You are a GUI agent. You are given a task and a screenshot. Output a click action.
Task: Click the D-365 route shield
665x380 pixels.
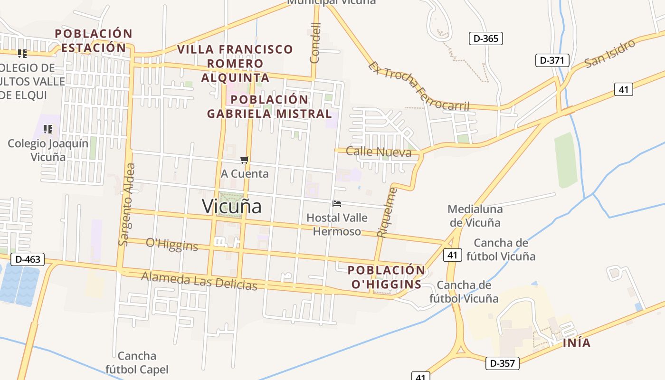[485, 38]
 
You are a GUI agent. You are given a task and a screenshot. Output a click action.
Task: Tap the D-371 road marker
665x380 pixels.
[552, 60]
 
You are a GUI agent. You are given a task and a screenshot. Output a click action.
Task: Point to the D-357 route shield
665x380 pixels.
[502, 363]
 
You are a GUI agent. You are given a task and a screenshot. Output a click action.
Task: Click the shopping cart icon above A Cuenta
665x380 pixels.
[244, 160]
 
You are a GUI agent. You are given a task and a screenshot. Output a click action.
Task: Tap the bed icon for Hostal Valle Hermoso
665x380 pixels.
[337, 204]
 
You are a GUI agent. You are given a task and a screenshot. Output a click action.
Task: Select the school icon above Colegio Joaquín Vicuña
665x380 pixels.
[47, 129]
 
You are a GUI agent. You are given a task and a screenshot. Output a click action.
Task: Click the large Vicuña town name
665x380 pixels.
[232, 206]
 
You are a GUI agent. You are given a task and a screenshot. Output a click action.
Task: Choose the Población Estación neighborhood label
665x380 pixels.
[93, 41]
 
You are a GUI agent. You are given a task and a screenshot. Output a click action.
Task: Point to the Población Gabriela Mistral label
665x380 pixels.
[269, 106]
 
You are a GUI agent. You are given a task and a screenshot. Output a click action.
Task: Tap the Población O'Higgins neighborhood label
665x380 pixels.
[386, 277]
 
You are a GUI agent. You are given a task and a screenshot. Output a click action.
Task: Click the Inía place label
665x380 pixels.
[577, 342]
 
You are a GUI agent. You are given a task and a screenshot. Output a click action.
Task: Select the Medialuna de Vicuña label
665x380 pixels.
[475, 216]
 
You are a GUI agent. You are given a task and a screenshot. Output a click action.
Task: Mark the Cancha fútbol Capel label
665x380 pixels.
[137, 362]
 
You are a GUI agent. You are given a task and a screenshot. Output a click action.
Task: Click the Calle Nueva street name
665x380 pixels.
[379, 152]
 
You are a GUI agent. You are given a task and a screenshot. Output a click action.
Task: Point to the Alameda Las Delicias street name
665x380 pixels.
[199, 280]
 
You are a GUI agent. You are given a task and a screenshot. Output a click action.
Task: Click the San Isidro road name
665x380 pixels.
[609, 53]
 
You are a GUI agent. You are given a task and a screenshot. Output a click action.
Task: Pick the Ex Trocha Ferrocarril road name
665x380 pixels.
[418, 86]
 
